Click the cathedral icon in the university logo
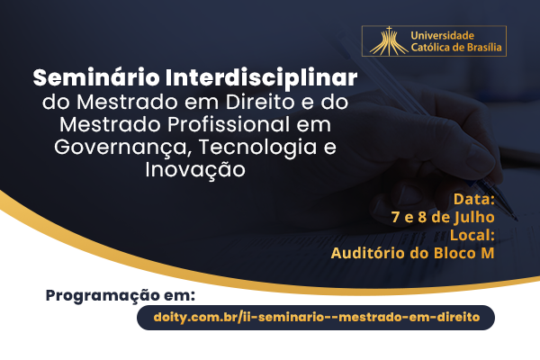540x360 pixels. click(389, 41)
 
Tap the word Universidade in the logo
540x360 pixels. click(443, 35)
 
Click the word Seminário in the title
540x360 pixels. click(96, 77)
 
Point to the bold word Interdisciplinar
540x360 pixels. click(261, 77)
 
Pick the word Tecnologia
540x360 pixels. click(257, 148)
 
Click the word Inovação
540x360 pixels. click(195, 170)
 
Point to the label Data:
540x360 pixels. click(474, 199)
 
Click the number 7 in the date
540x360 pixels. click(395, 218)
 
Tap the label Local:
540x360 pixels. click(472, 235)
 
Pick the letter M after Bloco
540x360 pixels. click(487, 253)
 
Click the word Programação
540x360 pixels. click(103, 296)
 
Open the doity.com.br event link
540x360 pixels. click(317, 317)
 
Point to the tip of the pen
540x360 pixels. click(517, 220)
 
